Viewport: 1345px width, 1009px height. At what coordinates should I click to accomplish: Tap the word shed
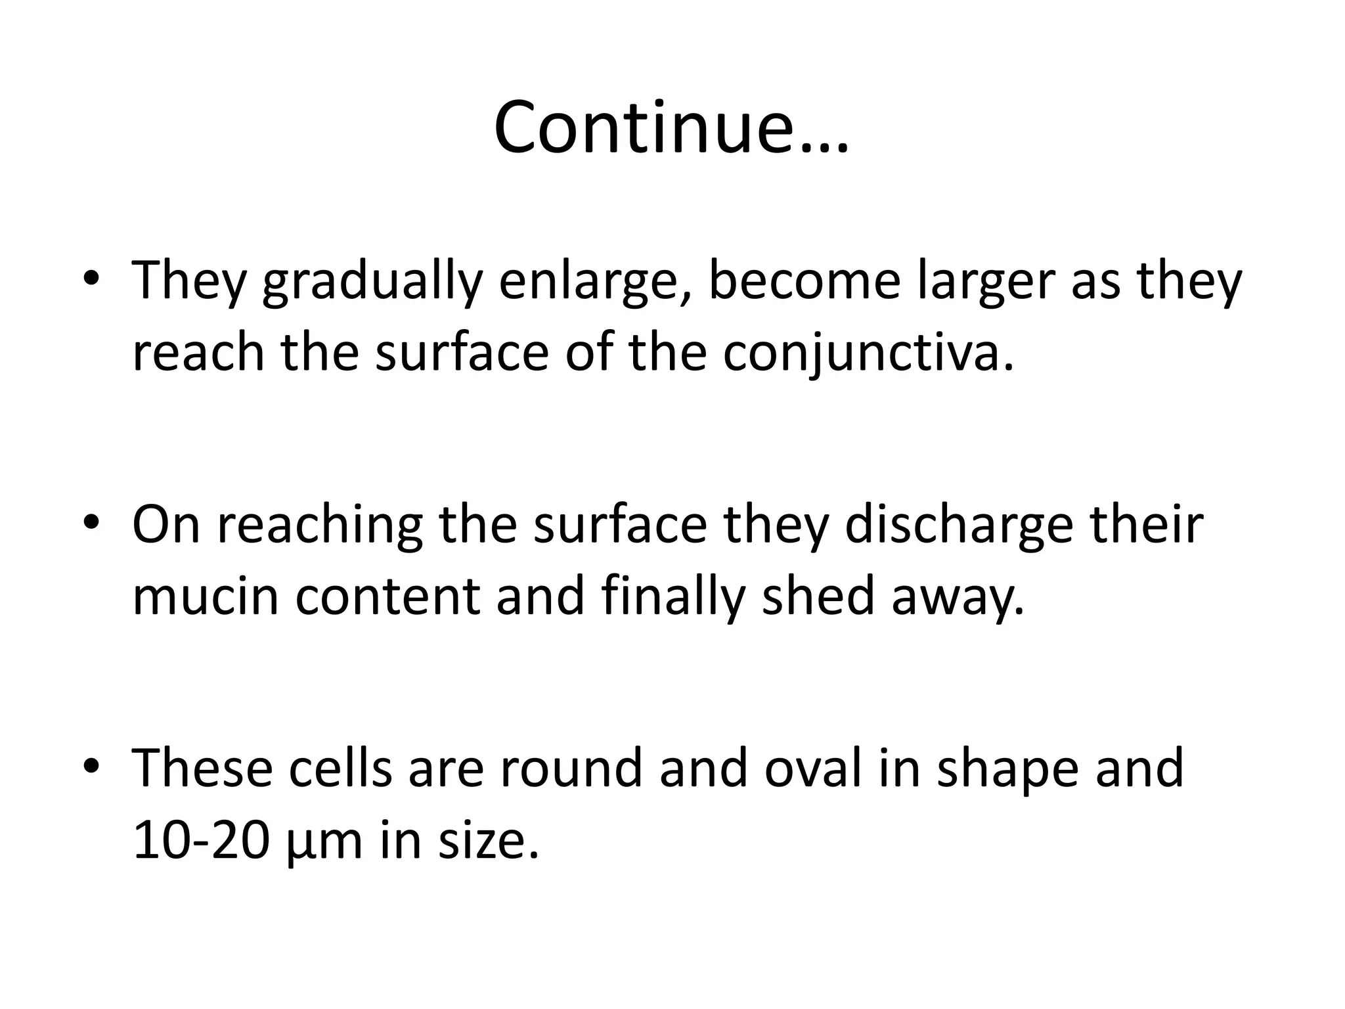click(x=818, y=596)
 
